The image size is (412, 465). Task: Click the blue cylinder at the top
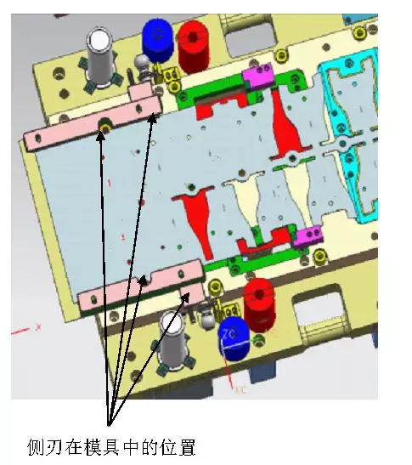coord(157,40)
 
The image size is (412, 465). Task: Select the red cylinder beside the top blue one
coord(194,47)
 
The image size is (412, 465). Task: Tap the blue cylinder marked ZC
coord(234,338)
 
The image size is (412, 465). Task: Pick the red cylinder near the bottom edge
coord(259,304)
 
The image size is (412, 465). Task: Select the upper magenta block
coord(258,76)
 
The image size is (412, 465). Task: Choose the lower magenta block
coord(307,236)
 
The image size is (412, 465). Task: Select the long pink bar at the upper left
coord(93,125)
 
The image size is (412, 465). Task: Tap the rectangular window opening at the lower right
coord(322,311)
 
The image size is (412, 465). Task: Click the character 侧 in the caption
coord(36,447)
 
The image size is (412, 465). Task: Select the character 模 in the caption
coord(93,447)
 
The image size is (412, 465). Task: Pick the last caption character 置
coord(187,447)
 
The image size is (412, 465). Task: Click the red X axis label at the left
coord(38,327)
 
